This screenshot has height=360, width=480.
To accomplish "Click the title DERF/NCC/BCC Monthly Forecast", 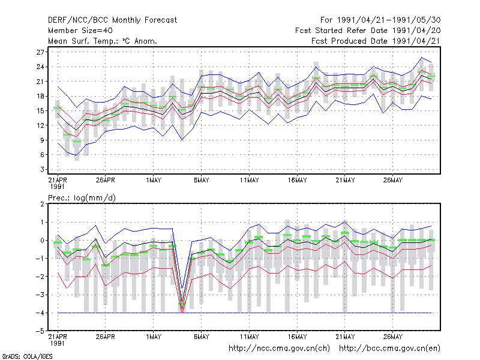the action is (112, 20).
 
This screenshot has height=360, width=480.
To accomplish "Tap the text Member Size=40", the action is (80, 31).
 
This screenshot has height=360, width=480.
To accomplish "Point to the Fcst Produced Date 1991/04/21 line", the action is (376, 41).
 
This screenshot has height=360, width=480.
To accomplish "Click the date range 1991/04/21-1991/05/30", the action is (389, 20).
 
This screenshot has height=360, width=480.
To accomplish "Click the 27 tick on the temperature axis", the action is (40, 52).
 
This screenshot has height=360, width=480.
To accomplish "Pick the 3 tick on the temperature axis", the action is (42, 169).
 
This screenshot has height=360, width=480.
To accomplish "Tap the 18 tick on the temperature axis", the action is (40, 96).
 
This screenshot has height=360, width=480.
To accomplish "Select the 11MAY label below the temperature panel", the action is (249, 181).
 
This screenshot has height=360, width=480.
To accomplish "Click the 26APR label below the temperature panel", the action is (106, 181).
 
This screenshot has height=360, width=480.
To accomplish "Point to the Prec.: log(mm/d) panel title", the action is (82, 198).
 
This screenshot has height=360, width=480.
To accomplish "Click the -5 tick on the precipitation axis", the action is (40, 331).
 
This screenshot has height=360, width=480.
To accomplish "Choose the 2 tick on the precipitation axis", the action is (42, 204).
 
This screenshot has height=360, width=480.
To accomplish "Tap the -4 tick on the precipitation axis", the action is (40, 313).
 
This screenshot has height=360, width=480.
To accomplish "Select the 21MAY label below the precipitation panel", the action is (345, 337).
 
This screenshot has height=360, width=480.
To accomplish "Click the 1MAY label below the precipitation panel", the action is (154, 337).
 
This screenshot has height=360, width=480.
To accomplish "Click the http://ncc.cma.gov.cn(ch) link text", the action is (279, 349).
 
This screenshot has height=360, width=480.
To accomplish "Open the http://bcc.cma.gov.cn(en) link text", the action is (389, 349).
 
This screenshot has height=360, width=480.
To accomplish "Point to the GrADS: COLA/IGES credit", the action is (27, 356).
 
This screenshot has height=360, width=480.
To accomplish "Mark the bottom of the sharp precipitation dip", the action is (182, 312).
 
